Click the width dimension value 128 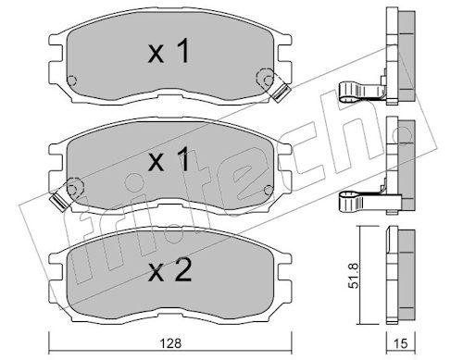pyautogui.click(x=171, y=343)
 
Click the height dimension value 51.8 pyautogui.click(x=355, y=276)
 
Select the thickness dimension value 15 pyautogui.click(x=401, y=343)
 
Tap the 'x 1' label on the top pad pyautogui.click(x=169, y=52)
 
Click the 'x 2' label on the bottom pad pyautogui.click(x=169, y=270)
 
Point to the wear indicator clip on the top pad pyautogui.click(x=282, y=92)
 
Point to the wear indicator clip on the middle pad pyautogui.click(x=59, y=203)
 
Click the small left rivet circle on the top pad pyautogui.click(x=71, y=81)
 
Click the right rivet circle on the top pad pyautogui.click(x=269, y=81)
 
